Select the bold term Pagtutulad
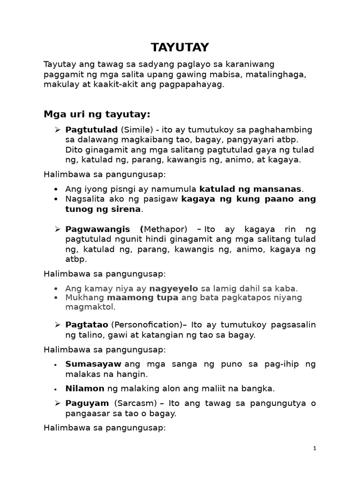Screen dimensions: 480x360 (91, 129)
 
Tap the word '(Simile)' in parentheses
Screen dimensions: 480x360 (136, 129)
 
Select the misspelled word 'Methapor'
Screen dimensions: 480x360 (166, 229)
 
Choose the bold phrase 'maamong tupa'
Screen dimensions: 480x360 (142, 298)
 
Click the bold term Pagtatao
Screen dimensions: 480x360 (87, 325)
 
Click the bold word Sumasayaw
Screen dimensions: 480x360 (93, 364)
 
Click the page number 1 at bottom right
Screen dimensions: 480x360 (315, 449)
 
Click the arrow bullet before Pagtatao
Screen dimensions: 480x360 (57, 325)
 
